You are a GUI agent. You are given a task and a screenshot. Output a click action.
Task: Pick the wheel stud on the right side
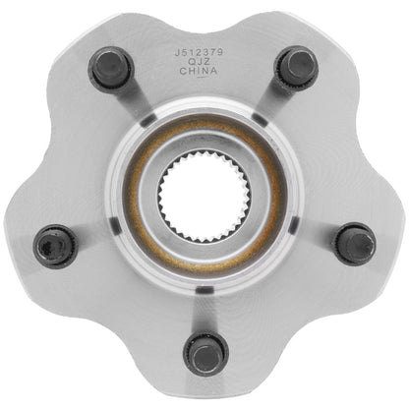pyautogui.click(x=354, y=242)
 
